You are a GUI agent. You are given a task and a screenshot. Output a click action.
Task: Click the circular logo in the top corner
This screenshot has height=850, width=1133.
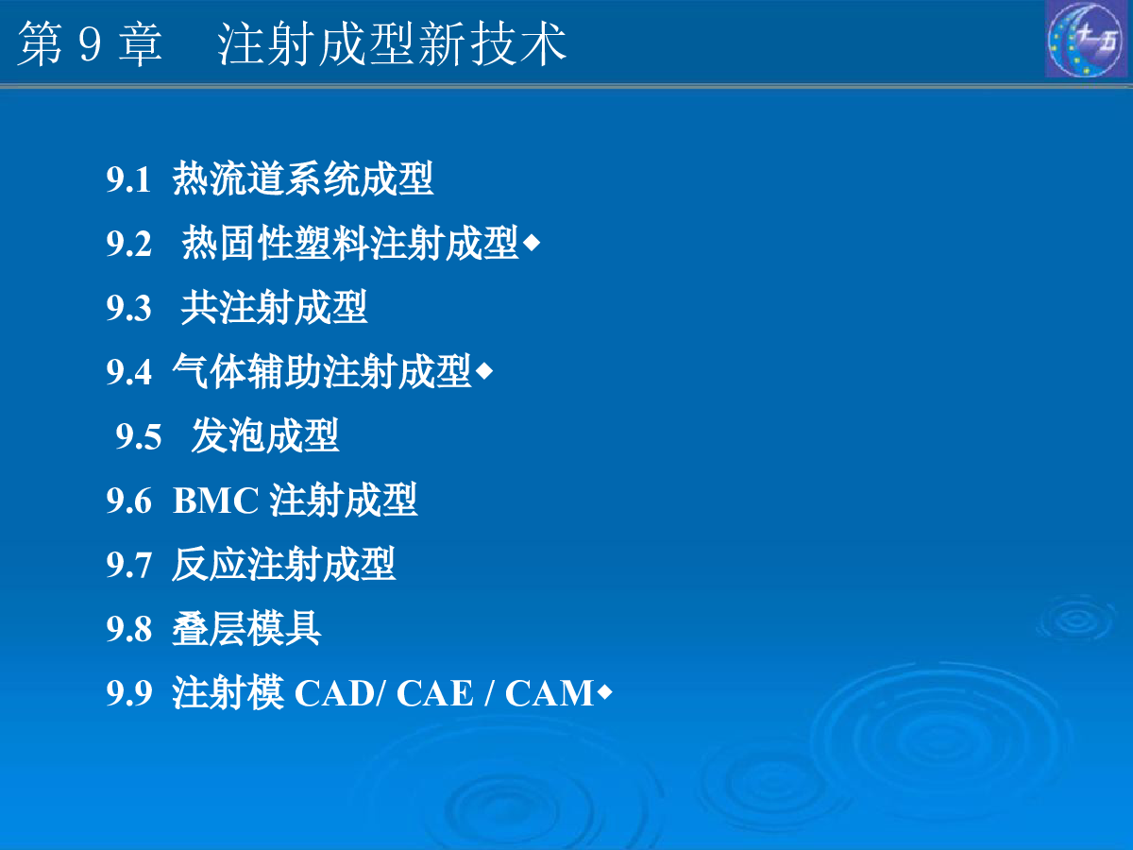(1087, 39)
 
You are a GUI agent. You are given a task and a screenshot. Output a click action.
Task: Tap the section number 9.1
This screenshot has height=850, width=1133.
(128, 179)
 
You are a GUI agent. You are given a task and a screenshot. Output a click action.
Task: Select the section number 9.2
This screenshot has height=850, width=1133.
(129, 243)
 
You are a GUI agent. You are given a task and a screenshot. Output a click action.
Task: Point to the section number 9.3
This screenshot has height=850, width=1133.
(129, 308)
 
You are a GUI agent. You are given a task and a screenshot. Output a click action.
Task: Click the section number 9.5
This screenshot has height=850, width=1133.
(139, 436)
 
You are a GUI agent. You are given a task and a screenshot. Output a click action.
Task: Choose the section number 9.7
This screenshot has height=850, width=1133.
(129, 565)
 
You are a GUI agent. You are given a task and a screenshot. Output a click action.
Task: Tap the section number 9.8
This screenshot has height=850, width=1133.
(129, 629)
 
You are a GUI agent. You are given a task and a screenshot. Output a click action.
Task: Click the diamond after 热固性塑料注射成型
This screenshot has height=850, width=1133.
(532, 243)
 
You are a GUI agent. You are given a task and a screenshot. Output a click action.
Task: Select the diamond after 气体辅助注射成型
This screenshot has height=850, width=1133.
(484, 371)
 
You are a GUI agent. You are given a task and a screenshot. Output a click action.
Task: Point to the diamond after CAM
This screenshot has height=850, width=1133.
(604, 692)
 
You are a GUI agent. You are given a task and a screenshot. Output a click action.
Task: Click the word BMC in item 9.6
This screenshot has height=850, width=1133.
(216, 501)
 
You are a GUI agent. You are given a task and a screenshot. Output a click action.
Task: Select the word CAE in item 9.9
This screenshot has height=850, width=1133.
(434, 692)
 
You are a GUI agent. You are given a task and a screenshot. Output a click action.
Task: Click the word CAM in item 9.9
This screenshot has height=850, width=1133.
(550, 692)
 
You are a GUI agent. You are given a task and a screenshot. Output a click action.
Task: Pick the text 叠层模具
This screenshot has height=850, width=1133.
(246, 628)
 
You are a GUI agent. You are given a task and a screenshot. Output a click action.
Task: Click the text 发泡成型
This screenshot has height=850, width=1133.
(265, 435)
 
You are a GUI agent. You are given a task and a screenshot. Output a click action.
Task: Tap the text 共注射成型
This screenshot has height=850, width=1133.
(274, 307)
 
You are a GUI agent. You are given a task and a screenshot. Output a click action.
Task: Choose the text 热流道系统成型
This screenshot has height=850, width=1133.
(303, 178)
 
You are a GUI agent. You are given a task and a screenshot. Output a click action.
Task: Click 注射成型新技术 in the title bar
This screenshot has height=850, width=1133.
(392, 44)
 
